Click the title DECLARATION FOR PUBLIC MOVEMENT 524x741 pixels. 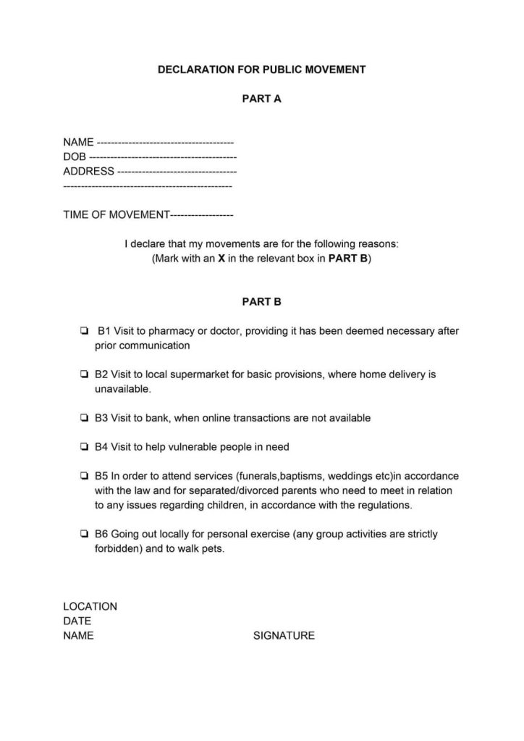pos(261,70)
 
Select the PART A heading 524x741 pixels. pos(261,99)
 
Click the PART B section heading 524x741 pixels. pos(261,301)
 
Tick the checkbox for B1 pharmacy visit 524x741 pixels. pos(84,332)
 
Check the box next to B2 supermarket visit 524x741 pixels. pos(84,375)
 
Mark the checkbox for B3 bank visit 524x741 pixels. pos(84,419)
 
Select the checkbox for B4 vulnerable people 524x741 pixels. pos(84,447)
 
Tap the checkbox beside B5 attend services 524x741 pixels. pos(84,477)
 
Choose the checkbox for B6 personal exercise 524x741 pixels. pos(84,535)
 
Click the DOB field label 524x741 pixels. pos(75,157)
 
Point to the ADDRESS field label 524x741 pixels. pos(88,172)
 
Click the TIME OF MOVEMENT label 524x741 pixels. pos(116,215)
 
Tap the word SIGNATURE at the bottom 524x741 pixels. pos(284,636)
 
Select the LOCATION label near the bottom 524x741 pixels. pos(90,607)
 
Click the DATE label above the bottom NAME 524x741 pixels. pos(77,621)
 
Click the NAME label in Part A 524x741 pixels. pos(78,143)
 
